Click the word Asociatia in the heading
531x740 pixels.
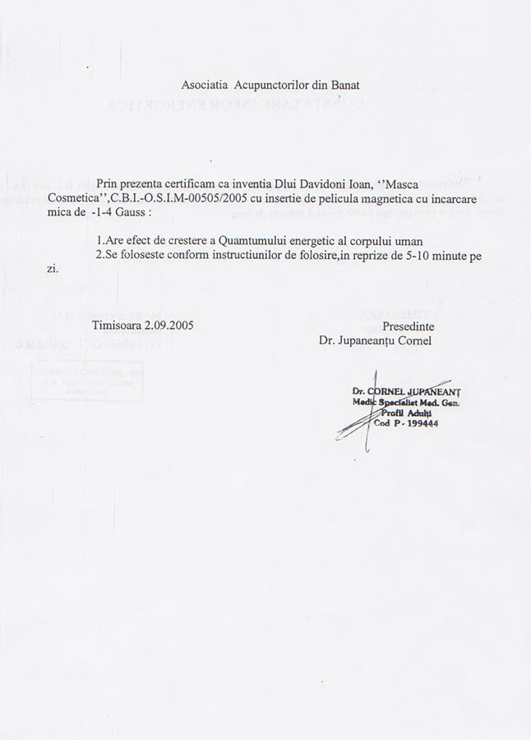(205, 85)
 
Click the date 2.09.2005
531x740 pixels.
(170, 326)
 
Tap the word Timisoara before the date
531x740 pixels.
(118, 326)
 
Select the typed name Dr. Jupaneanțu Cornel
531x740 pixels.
(375, 340)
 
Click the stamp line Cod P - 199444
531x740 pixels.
(405, 424)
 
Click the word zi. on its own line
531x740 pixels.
(53, 269)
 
